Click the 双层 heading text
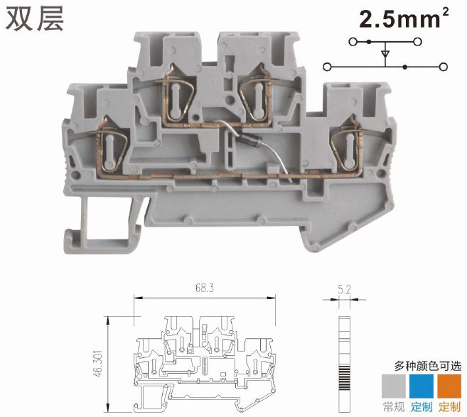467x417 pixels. (x=35, y=18)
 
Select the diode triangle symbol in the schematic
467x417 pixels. (x=385, y=54)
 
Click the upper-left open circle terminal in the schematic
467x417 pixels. (x=353, y=42)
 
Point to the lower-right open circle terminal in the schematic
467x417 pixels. (x=444, y=67)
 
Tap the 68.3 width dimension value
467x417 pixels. (x=205, y=288)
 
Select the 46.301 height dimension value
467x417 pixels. (x=98, y=364)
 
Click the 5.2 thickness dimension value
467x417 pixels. (x=344, y=289)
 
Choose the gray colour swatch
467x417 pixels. (x=394, y=386)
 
